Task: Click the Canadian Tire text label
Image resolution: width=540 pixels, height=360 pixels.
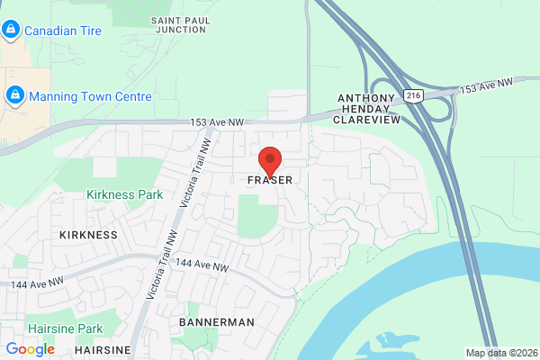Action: pyautogui.click(x=62, y=31)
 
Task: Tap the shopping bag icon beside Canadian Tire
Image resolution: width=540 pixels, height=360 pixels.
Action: pyautogui.click(x=11, y=31)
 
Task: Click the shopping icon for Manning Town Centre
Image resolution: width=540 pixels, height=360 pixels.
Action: pyautogui.click(x=14, y=94)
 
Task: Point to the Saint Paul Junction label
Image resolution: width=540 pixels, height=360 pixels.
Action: pyautogui.click(x=180, y=24)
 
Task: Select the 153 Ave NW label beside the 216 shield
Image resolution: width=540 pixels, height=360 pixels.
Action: pyautogui.click(x=486, y=85)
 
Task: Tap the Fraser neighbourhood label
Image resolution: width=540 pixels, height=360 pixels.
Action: pyautogui.click(x=270, y=181)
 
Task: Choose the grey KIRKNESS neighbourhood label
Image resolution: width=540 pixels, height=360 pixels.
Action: pyautogui.click(x=88, y=235)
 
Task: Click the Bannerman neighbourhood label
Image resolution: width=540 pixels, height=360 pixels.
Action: pyautogui.click(x=217, y=321)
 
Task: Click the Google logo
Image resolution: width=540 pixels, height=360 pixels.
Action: pyautogui.click(x=30, y=349)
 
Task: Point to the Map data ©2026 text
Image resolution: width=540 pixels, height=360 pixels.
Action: pyautogui.click(x=500, y=353)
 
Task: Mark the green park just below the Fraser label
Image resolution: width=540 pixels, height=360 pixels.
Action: pyautogui.click(x=257, y=216)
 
